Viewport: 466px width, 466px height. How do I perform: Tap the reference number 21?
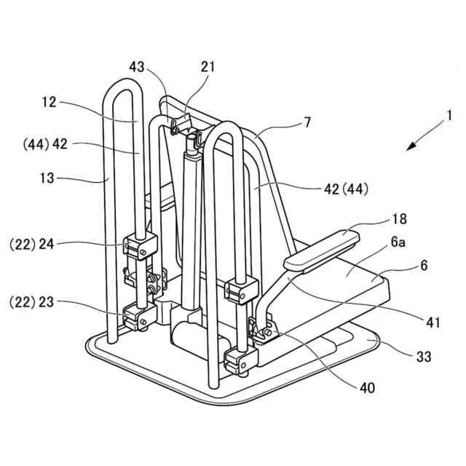pos(208,66)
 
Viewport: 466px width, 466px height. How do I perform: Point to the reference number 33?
pos(423,357)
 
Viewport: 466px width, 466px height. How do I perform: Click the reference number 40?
pos(367,387)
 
